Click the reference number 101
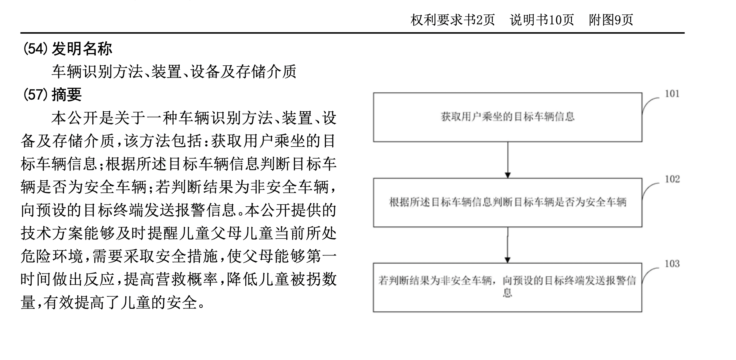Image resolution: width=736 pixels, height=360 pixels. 672,94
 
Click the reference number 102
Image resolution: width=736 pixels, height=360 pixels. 672,179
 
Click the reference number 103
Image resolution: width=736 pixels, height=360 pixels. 672,264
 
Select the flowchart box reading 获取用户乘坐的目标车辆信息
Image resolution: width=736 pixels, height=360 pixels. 508,117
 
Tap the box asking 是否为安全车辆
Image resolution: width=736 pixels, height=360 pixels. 508,202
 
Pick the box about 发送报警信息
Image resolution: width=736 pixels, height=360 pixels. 508,287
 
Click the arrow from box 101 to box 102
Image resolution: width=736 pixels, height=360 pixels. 508,160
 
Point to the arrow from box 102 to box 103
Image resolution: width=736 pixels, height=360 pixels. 508,245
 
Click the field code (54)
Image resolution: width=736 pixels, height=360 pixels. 36,49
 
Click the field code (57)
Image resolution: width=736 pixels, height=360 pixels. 36,94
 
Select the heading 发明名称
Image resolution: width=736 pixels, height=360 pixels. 82,49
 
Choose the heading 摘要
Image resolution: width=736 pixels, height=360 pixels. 67,94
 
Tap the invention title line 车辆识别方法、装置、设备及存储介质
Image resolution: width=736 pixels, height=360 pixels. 174,72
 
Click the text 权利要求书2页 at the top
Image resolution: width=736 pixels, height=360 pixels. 452,20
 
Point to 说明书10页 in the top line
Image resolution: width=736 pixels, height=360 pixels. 542,20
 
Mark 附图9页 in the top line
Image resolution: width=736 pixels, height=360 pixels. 611,20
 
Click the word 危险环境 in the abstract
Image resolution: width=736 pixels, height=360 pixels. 52,256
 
